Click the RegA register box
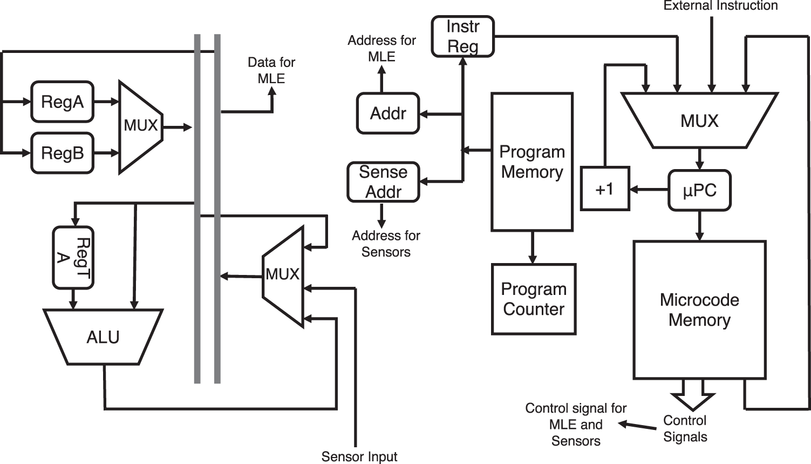click(62, 102)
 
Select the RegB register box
click(62, 153)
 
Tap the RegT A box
click(73, 258)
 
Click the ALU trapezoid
click(103, 337)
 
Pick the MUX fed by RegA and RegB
click(140, 126)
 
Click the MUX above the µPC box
click(699, 120)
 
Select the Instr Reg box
click(462, 37)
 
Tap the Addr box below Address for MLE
click(388, 113)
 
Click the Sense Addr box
click(383, 183)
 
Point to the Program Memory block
click(532, 162)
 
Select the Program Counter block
click(534, 299)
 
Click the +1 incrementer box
click(605, 189)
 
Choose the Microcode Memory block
click(699, 310)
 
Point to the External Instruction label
click(720, 6)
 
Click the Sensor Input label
click(359, 457)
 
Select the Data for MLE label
click(271, 70)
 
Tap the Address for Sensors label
click(386, 244)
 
